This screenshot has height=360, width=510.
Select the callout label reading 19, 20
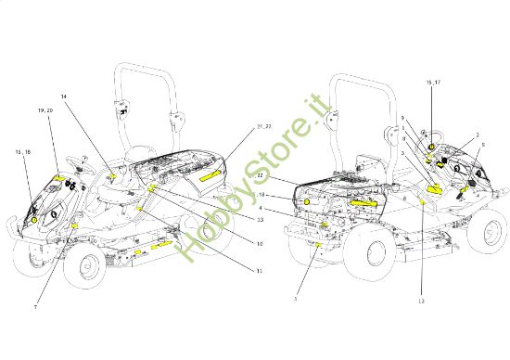(45, 110)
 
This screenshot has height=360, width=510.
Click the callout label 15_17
(433, 83)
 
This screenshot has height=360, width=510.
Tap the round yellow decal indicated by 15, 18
(35, 220)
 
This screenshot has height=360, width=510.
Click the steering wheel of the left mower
(80, 173)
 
